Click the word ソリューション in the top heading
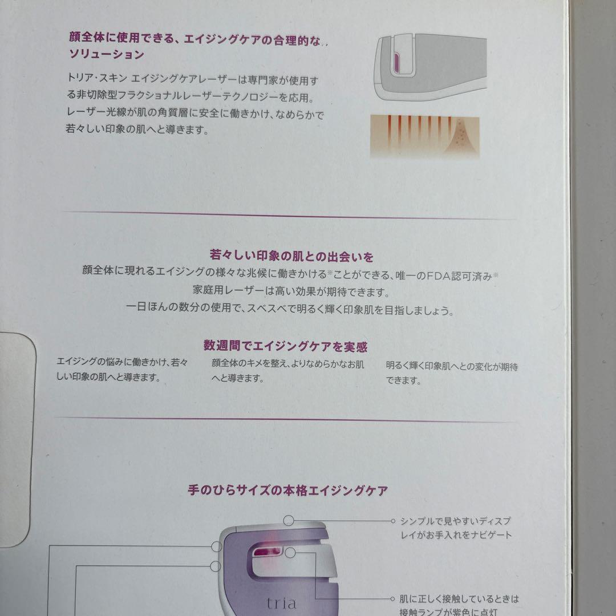106,55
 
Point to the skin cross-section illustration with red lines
425,136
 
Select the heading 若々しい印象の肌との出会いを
292,257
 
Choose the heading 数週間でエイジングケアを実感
285,346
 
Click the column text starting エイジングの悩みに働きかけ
122,370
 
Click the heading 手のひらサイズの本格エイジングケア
288,490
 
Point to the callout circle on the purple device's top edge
289,520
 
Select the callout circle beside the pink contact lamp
290,553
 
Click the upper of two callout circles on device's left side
216,546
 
